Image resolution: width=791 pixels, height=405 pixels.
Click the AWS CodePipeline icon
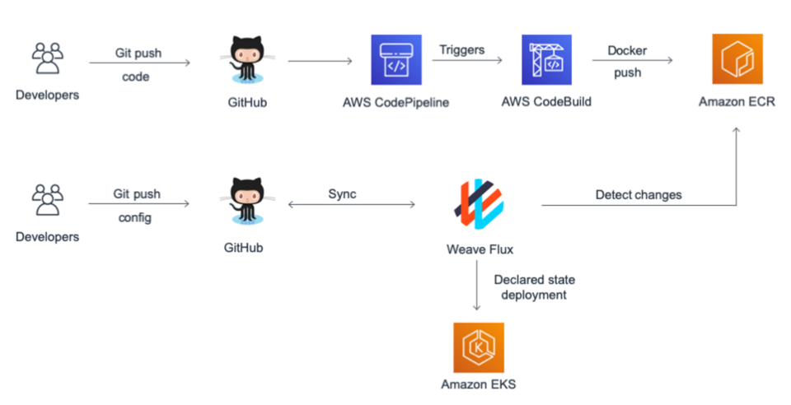(x=396, y=60)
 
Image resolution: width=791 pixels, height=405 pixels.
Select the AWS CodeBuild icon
(x=547, y=60)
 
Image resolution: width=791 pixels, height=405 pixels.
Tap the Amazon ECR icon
(x=736, y=60)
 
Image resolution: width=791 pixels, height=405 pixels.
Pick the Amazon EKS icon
(x=479, y=347)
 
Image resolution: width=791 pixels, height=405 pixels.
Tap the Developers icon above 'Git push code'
(x=47, y=61)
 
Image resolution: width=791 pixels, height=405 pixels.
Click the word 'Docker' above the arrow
(x=627, y=51)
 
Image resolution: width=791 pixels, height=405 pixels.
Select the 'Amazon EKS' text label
(x=479, y=384)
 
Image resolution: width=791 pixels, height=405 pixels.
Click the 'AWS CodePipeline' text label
(x=396, y=103)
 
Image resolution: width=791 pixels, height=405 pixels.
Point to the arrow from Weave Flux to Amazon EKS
(x=478, y=289)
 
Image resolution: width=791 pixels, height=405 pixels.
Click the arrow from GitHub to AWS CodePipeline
(x=320, y=61)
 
